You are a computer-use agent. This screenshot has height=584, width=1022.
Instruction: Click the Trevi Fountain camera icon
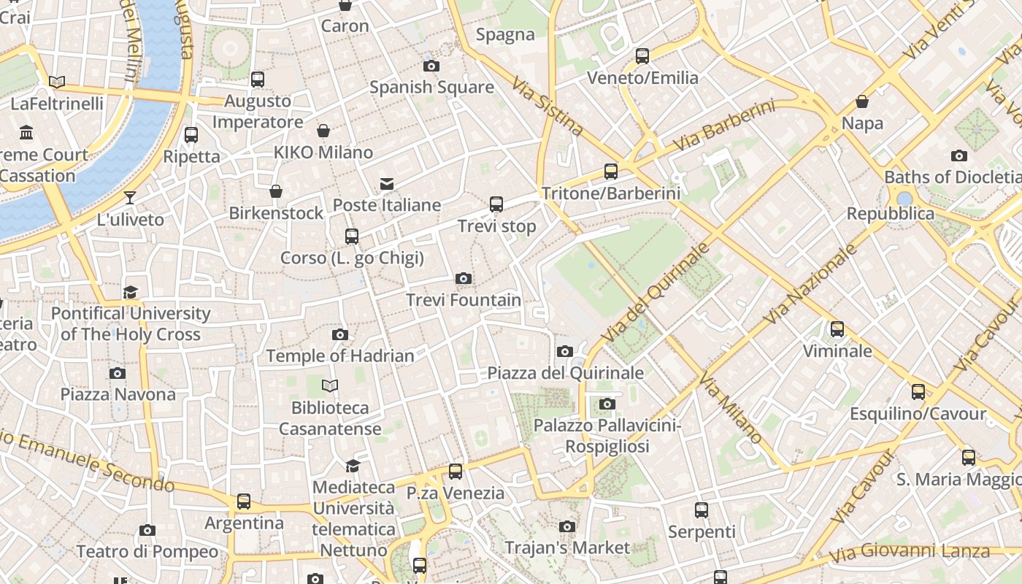(x=463, y=278)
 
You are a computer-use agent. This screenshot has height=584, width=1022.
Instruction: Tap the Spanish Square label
(x=431, y=88)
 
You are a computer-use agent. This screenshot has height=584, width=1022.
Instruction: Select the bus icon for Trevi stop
(x=496, y=204)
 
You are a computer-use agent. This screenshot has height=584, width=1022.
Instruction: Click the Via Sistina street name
(x=547, y=107)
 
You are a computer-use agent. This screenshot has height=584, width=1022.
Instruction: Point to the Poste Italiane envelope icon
(x=386, y=184)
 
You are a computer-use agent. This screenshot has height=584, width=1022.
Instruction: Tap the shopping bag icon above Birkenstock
(x=276, y=191)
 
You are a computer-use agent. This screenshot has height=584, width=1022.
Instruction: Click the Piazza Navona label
(x=118, y=395)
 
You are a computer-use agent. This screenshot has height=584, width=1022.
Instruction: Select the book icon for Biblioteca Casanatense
(x=330, y=385)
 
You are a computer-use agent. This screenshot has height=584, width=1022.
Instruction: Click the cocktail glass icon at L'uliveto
(x=130, y=198)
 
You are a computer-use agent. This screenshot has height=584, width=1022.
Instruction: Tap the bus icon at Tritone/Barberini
(x=611, y=172)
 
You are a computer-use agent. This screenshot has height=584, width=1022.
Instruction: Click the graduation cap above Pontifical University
(x=130, y=292)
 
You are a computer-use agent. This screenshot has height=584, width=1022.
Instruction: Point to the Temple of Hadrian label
(x=340, y=356)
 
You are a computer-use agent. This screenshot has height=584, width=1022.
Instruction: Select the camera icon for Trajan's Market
(x=566, y=526)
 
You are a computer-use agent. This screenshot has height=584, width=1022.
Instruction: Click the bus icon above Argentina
(x=244, y=502)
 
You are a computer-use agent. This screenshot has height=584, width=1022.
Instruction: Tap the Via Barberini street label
(x=723, y=126)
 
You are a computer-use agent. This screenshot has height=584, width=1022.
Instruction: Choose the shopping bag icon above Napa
(x=862, y=101)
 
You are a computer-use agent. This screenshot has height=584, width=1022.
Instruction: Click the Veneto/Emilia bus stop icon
(x=642, y=55)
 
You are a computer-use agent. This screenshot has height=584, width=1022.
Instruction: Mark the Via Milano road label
(x=731, y=410)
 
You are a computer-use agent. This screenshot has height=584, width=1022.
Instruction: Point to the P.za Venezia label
(x=456, y=493)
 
